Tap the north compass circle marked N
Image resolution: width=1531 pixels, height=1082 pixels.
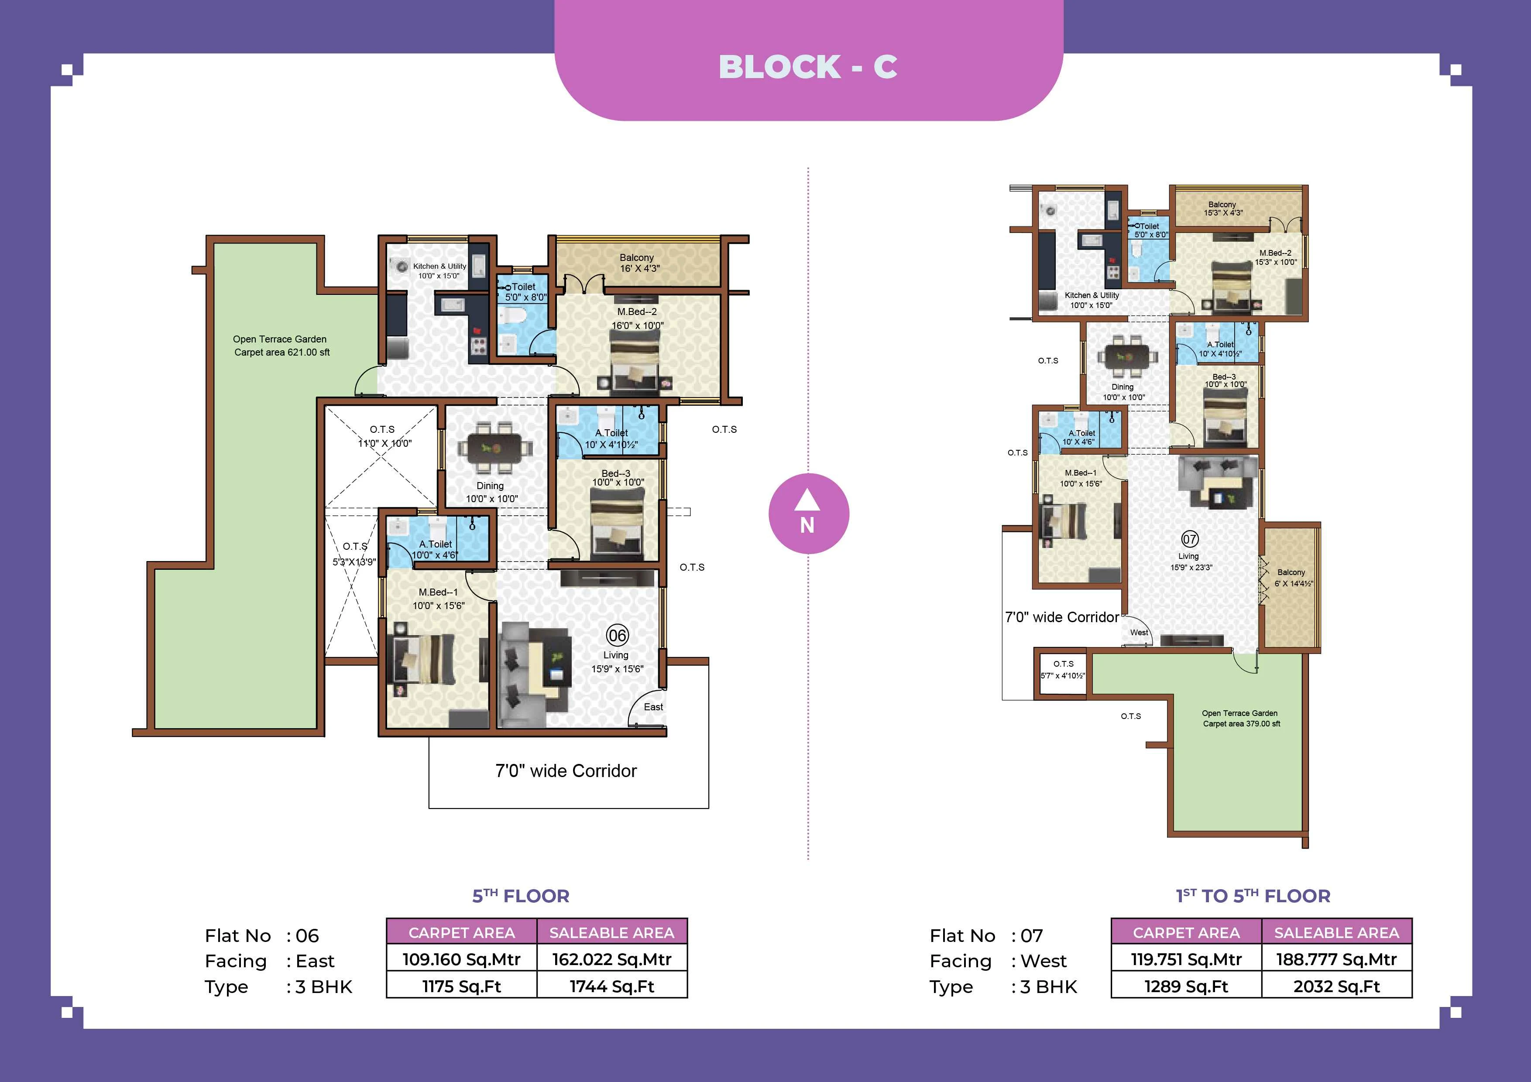click(x=808, y=514)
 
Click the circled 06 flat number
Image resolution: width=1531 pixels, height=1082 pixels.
click(x=618, y=635)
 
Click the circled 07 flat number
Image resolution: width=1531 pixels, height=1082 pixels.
click(x=1190, y=539)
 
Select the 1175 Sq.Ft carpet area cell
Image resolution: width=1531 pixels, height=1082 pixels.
click(x=461, y=986)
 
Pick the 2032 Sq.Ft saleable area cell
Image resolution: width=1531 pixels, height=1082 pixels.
click(x=1336, y=986)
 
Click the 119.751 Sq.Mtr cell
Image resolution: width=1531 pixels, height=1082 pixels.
click(x=1186, y=959)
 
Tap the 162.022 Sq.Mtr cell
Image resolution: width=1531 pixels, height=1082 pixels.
click(x=611, y=959)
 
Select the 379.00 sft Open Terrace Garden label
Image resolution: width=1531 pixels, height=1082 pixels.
click(x=1240, y=718)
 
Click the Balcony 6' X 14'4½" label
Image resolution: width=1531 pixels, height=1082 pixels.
click(x=1292, y=577)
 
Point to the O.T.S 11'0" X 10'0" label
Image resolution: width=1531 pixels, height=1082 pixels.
click(x=384, y=436)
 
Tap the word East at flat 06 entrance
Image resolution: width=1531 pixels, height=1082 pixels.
click(x=653, y=707)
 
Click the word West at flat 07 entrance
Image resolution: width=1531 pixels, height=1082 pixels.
click(x=1139, y=632)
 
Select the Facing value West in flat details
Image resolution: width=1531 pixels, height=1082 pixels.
click(x=1043, y=961)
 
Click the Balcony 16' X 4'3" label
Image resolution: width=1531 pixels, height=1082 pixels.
click(x=638, y=263)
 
